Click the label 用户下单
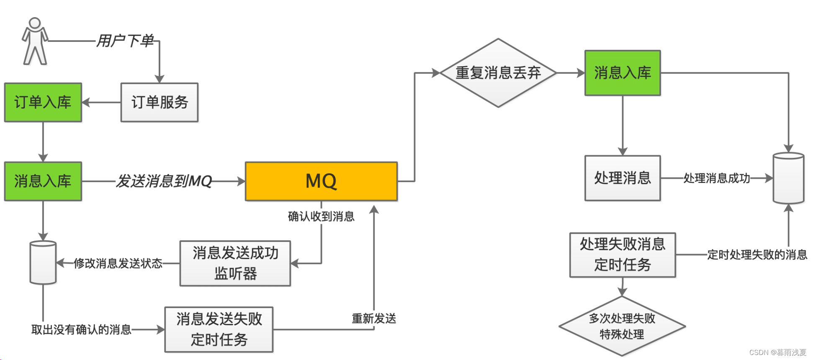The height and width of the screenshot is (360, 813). tap(125, 41)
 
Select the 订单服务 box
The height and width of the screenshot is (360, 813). tap(159, 102)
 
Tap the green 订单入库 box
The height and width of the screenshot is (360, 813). tap(43, 102)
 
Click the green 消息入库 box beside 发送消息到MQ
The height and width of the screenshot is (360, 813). tap(43, 181)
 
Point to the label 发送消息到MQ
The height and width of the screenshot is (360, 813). tap(164, 181)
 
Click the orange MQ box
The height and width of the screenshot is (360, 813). tap(321, 181)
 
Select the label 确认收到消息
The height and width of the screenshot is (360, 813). tap(321, 216)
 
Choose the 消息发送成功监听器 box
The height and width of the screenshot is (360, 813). tap(235, 263)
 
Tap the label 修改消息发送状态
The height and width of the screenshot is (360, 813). tap(118, 263)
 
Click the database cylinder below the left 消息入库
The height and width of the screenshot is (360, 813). tap(43, 262)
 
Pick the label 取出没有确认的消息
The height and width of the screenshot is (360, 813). tap(81, 330)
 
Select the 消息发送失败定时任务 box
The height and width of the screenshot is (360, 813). tap(219, 329)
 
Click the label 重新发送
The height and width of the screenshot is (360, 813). tap(374, 319)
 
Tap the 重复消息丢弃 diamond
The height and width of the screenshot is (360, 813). tap(498, 73)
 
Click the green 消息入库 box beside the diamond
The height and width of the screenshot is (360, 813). tap(623, 73)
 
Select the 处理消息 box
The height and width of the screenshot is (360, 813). tap(623, 178)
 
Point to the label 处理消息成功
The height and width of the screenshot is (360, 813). tap(716, 178)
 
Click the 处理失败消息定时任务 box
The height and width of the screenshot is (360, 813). tap(623, 255)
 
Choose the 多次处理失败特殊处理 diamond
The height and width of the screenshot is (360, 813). tap(622, 327)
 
